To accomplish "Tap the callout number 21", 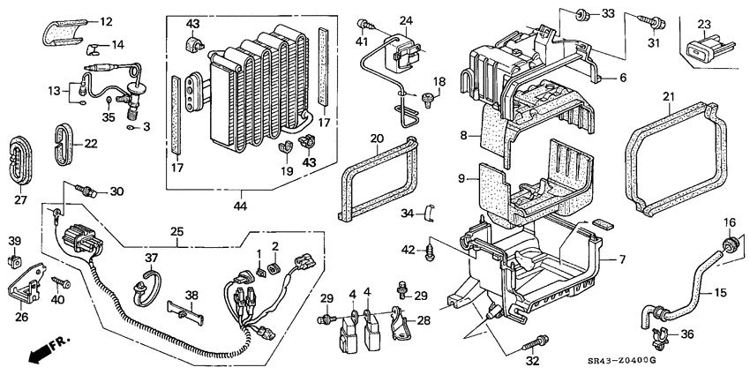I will coord(668,96).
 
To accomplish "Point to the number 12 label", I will coord(106,21).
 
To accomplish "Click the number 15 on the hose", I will coord(721,292).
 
